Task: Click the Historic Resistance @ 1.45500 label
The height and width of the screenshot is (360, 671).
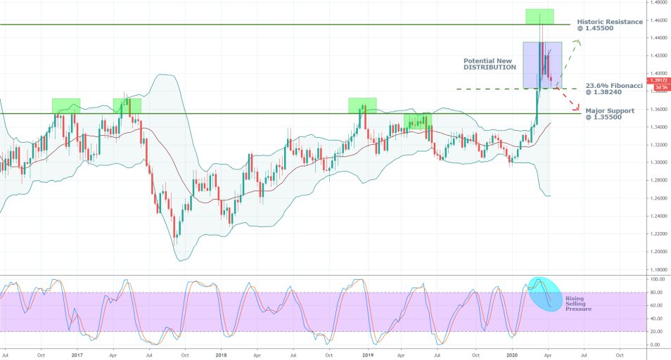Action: (x=608, y=25)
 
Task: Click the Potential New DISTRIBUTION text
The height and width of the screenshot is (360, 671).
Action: (x=490, y=64)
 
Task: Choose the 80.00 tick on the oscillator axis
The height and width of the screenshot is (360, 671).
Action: (x=656, y=292)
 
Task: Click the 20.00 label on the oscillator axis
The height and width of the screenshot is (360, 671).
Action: (x=656, y=332)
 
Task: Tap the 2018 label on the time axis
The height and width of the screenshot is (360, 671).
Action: (x=222, y=354)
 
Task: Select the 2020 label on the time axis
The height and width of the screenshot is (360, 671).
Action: (x=513, y=354)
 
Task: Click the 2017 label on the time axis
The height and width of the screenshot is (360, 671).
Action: (x=77, y=354)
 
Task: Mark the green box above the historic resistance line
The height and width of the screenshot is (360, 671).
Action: (x=539, y=16)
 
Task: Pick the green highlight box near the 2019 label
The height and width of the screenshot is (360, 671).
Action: (x=362, y=105)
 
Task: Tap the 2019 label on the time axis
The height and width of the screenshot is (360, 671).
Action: (x=367, y=354)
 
